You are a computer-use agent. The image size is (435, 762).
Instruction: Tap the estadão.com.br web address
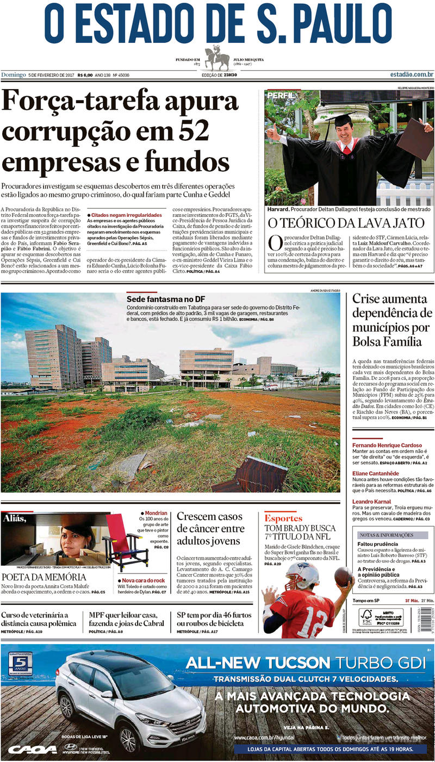tap(411, 74)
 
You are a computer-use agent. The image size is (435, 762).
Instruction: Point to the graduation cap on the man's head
tap(344, 117)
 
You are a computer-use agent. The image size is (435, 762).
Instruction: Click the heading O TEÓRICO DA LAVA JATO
tap(345, 223)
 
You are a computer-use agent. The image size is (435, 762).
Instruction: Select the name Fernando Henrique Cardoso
tap(387, 445)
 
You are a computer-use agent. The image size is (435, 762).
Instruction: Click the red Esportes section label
tap(283, 518)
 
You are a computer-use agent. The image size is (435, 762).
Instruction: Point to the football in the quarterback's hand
tap(343, 576)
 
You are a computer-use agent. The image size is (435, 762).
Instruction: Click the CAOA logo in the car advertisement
tap(32, 750)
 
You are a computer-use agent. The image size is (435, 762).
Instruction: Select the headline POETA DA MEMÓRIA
tap(43, 577)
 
